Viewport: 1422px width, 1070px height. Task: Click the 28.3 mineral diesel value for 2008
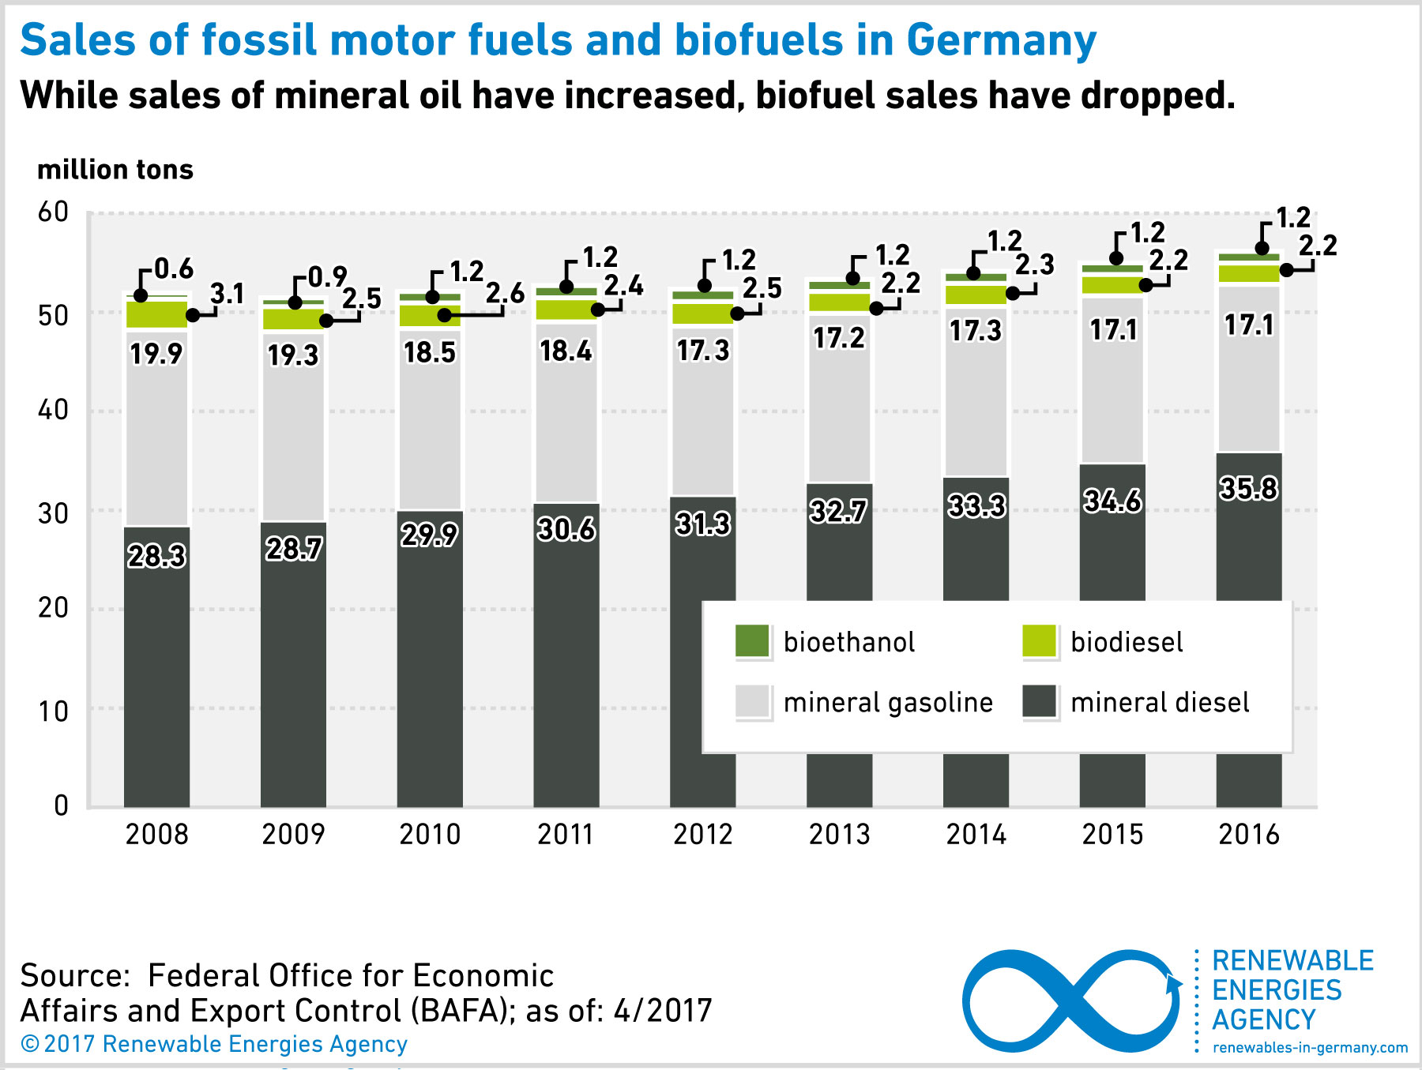coord(156,556)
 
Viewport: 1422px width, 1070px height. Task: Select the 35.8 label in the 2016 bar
coord(1248,489)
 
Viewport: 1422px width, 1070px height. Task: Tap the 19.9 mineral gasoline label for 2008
coord(156,354)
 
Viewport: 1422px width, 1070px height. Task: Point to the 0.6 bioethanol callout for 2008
coord(173,269)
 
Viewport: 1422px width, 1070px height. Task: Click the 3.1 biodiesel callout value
coord(228,294)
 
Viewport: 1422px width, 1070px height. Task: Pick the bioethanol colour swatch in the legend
coord(751,641)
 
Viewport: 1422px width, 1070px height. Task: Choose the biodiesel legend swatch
coord(1039,641)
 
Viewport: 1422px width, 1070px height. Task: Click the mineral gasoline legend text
coord(888,702)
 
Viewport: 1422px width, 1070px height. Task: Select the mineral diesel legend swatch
coord(1039,702)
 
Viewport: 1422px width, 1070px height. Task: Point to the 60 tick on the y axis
coord(54,212)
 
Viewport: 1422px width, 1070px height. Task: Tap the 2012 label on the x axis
coord(702,835)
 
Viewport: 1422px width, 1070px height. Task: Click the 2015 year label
coord(1112,835)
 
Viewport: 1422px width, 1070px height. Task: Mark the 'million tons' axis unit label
coord(115,170)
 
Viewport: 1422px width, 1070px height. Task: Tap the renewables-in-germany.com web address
coord(1310,1048)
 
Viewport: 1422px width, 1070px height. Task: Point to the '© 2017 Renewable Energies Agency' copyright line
coord(213,1044)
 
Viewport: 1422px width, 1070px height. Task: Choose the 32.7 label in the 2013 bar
coord(838,512)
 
